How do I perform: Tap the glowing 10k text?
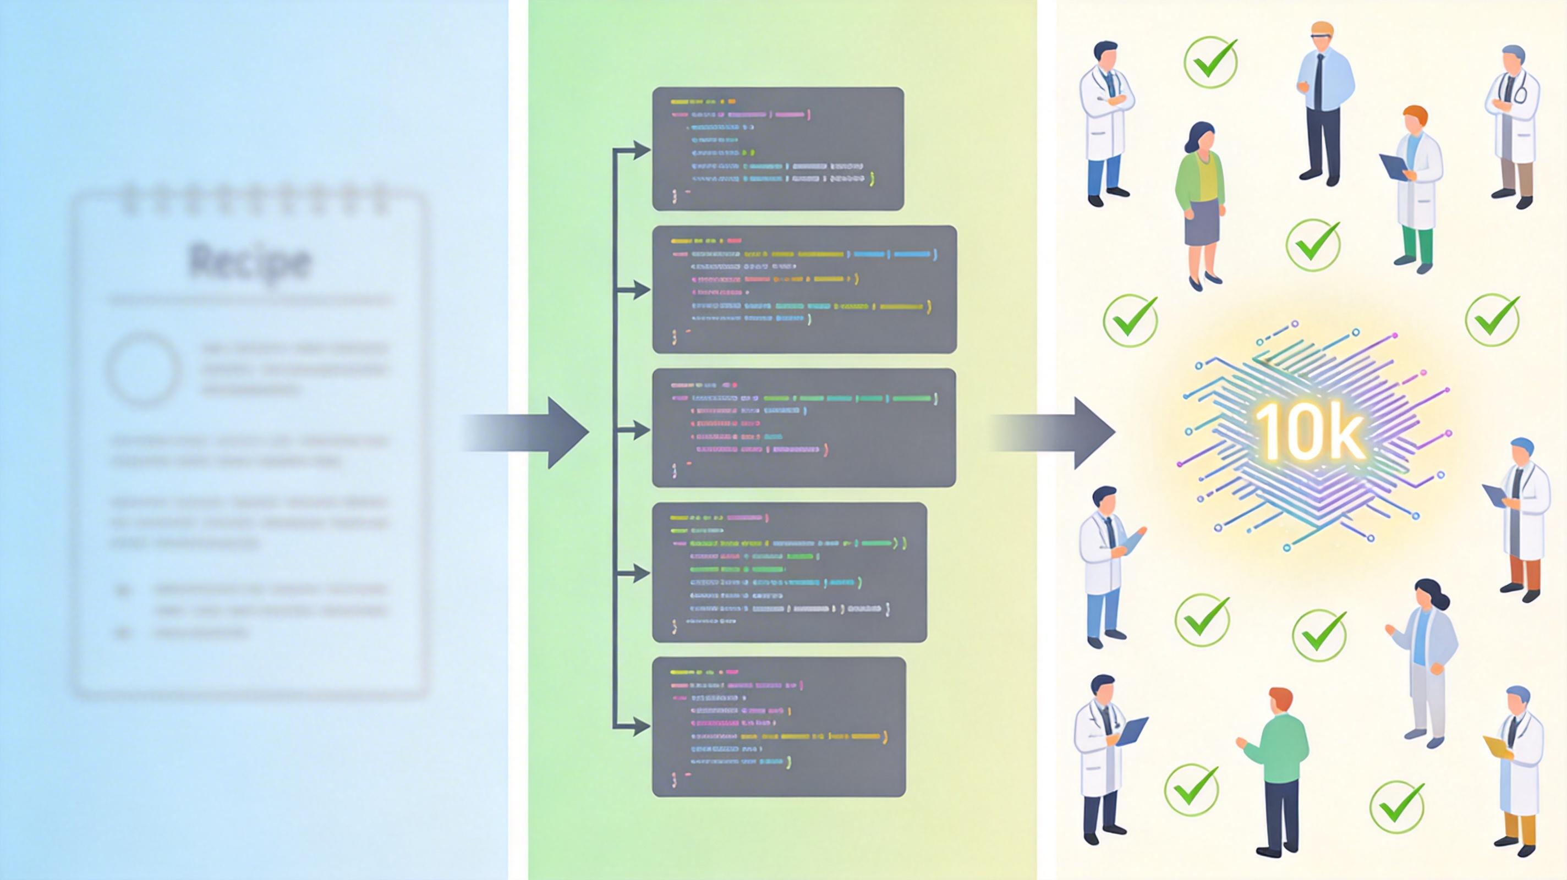(1311, 432)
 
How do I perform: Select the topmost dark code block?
(777, 149)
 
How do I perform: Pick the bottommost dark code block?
(779, 726)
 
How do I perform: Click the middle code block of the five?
(803, 427)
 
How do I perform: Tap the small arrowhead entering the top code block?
(640, 150)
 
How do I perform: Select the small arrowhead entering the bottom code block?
(640, 726)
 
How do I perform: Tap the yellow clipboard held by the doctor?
(1497, 746)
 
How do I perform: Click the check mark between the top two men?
(1210, 62)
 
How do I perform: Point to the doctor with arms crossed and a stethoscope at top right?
(1511, 125)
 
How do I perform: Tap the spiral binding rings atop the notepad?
(253, 197)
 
